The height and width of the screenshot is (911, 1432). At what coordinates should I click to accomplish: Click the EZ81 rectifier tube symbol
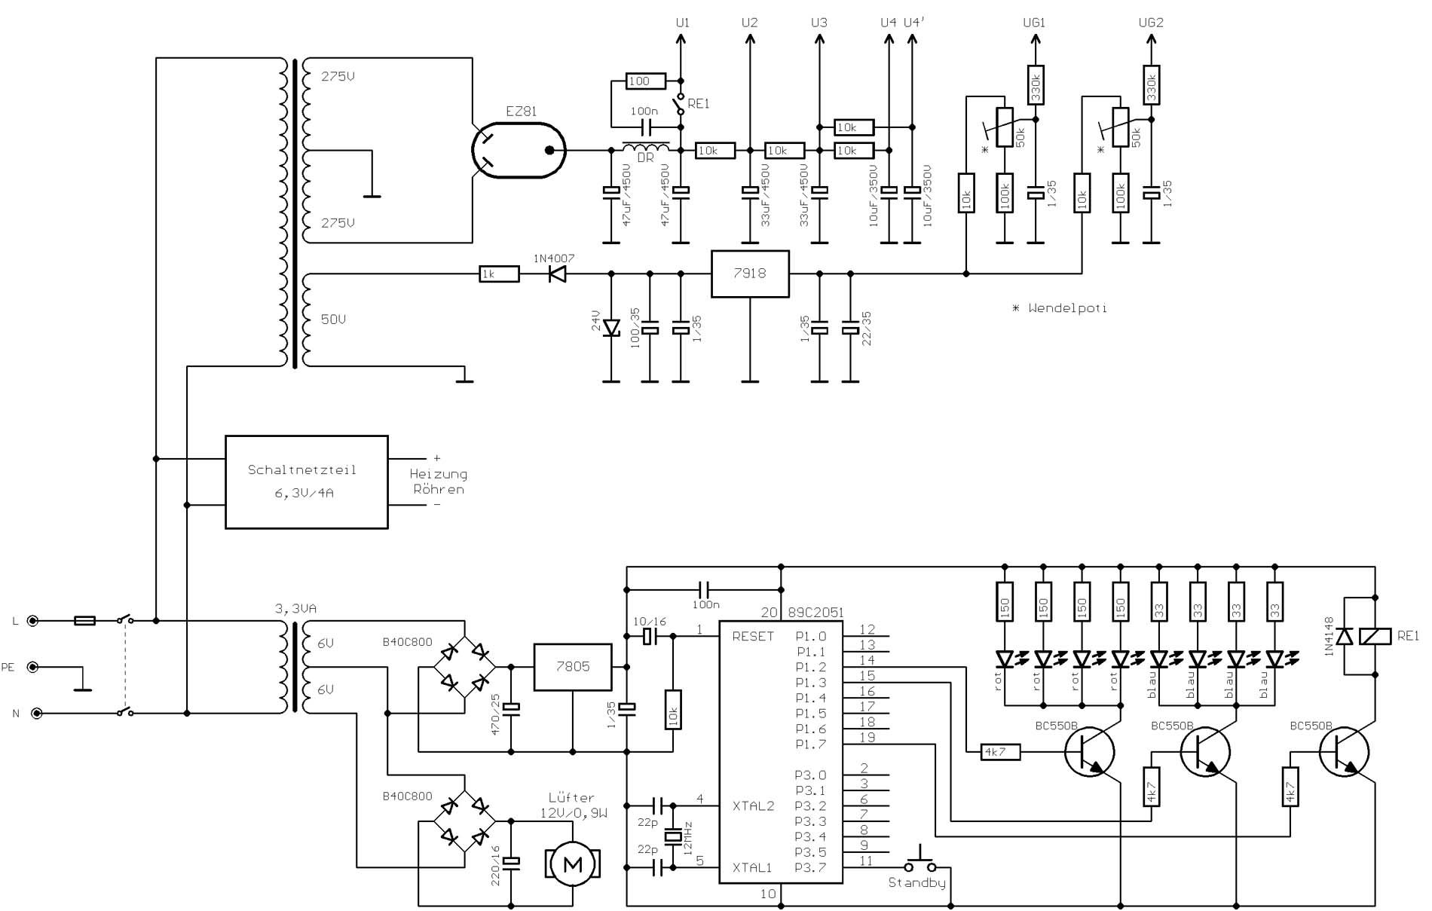[519, 150]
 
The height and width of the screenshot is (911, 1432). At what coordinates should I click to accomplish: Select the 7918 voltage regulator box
[750, 274]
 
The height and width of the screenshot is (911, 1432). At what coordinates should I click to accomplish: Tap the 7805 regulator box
[573, 667]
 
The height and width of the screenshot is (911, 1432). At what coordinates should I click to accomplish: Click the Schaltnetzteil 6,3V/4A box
[307, 481]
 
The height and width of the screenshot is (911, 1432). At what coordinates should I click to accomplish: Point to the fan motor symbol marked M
[573, 864]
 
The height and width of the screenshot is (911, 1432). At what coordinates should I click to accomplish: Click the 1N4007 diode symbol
[558, 274]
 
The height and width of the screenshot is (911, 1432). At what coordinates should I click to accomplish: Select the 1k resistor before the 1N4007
[499, 274]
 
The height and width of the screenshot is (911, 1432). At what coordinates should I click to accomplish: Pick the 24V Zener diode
[611, 328]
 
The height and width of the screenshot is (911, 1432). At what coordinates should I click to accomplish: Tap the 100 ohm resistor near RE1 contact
[646, 81]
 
